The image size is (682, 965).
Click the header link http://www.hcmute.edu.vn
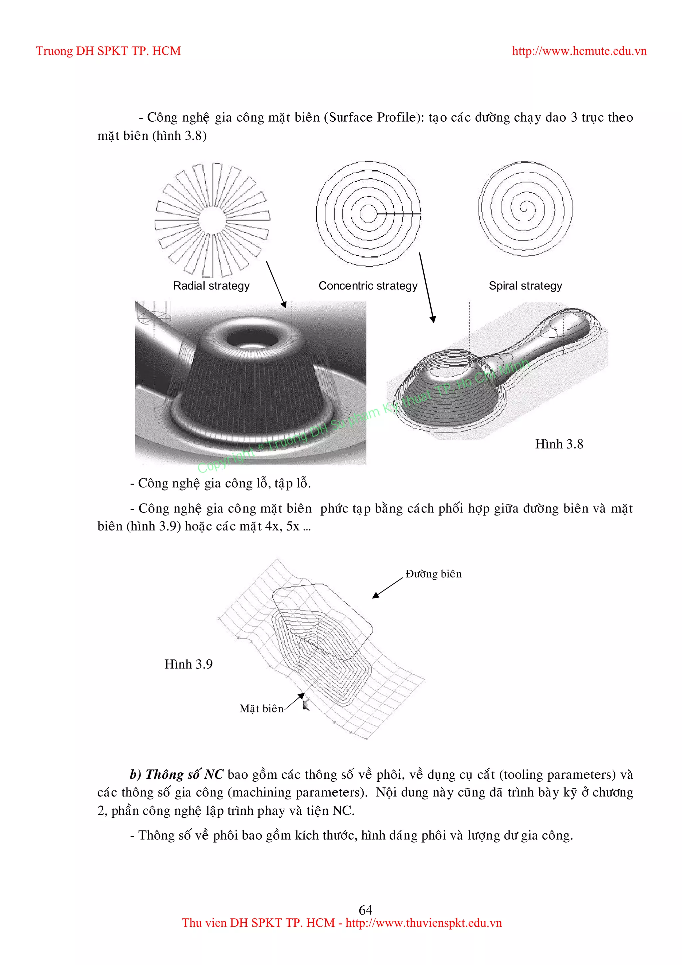tap(579, 51)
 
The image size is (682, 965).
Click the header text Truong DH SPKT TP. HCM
tap(108, 51)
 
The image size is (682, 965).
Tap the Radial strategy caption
tap(211, 286)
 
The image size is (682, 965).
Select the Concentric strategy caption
tap(368, 286)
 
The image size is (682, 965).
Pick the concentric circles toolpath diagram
tap(368, 214)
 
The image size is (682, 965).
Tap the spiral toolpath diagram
tap(525, 209)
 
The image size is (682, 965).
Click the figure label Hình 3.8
tap(559, 444)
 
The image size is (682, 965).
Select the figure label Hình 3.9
tap(188, 664)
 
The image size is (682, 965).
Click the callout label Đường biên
tap(433, 574)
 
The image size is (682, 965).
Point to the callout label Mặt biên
tap(261, 709)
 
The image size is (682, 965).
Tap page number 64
tap(365, 910)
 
